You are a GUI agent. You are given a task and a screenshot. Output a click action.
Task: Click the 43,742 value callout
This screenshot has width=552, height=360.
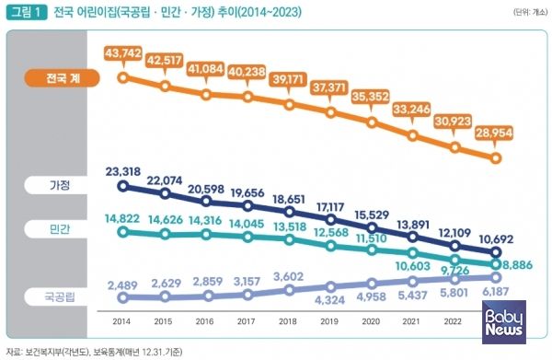(x=121, y=56)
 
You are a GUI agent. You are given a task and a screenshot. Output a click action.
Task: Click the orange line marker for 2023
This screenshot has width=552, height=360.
(x=497, y=157)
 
